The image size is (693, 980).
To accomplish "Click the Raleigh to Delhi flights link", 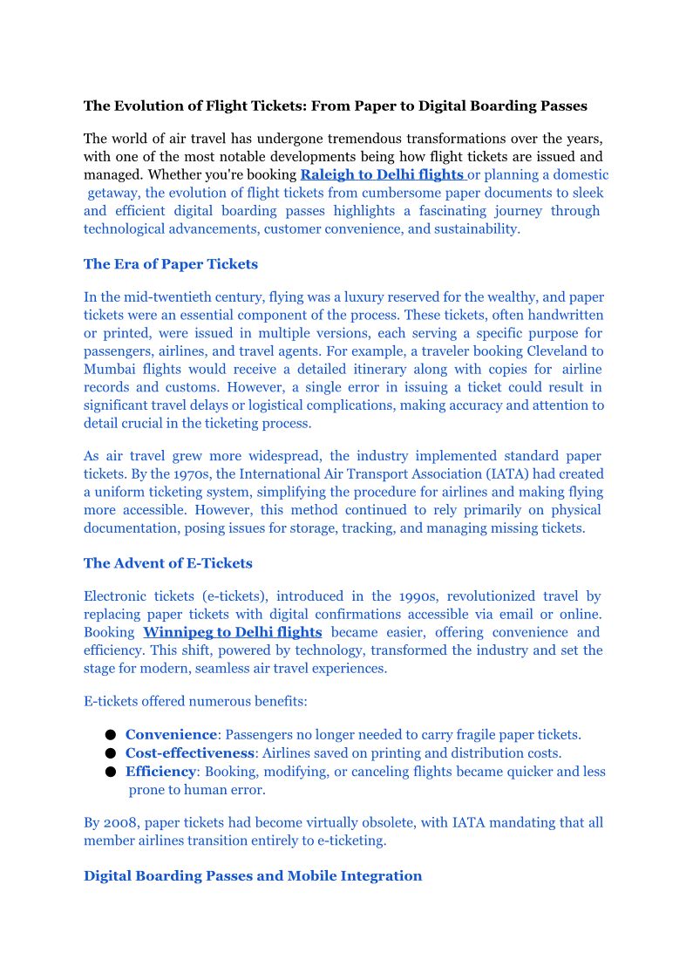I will click(381, 174).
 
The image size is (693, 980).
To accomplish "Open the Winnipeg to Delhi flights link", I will click(232, 632).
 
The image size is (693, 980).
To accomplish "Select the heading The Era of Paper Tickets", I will click(170, 264).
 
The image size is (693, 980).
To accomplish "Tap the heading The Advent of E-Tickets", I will click(167, 563).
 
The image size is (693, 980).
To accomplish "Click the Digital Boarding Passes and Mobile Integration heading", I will click(253, 876).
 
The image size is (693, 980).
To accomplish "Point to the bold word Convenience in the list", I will click(170, 735).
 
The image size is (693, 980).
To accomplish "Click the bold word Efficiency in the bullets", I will click(160, 772).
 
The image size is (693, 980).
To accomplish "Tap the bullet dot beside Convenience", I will click(111, 736).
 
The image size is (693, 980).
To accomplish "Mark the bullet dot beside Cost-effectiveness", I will click(111, 754).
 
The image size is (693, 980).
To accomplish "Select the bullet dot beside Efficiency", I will click(111, 772).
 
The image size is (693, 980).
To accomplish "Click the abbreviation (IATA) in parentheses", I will click(496, 474).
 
